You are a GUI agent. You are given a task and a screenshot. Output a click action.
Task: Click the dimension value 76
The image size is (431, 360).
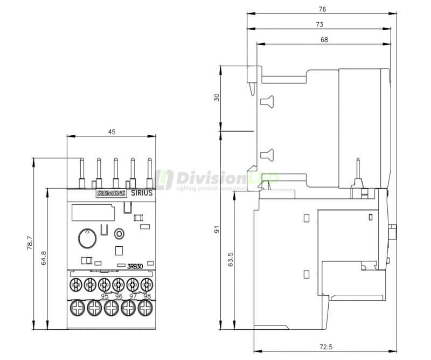pos(322,9)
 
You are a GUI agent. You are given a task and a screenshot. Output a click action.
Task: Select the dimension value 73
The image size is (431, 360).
pos(319,24)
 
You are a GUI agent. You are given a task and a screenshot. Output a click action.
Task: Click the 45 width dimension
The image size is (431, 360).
pos(112,131)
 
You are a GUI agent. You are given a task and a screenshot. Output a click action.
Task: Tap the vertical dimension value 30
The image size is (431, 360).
pos(216,98)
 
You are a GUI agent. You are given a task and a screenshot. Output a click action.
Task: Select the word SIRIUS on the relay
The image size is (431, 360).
pos(142,193)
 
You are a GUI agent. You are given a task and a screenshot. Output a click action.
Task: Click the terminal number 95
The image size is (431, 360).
pos(105,296)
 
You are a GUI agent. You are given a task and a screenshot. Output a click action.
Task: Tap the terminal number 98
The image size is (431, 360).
pos(147,296)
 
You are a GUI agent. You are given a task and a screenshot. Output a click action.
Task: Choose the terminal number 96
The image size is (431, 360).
pos(119,296)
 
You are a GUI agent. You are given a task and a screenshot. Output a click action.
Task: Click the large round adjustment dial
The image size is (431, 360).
pos(86,237)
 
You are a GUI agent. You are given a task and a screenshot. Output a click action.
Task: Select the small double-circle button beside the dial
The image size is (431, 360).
pos(120,233)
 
